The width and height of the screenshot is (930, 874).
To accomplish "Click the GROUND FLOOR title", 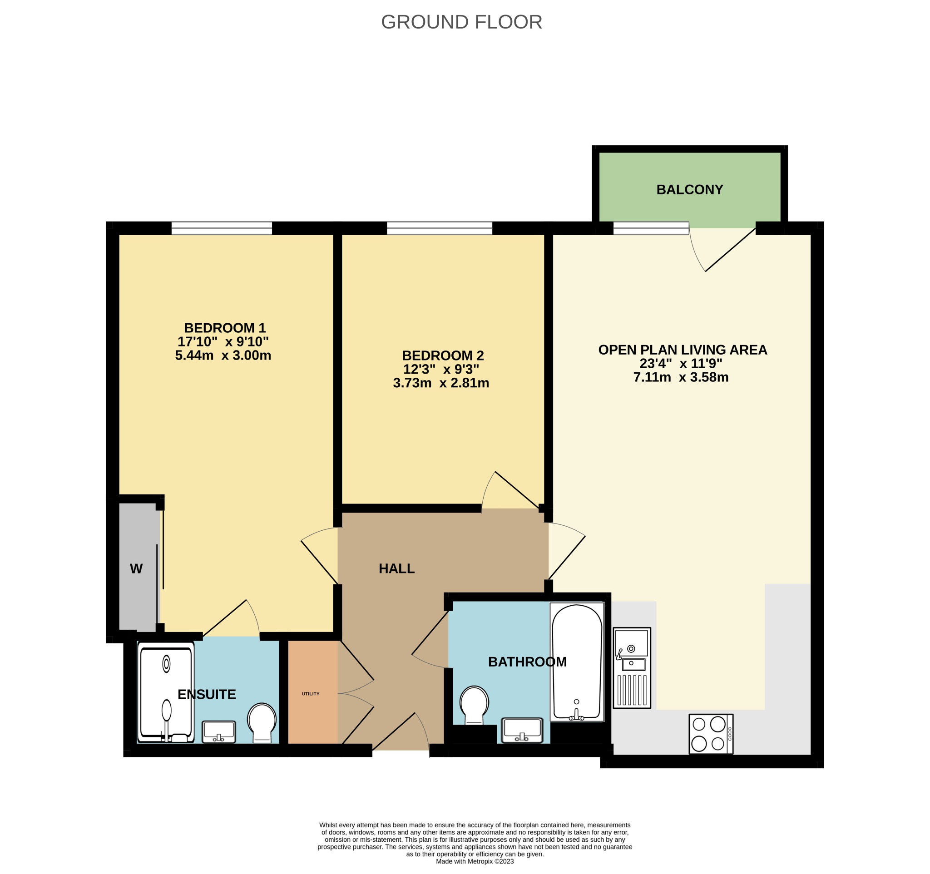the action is [461, 22].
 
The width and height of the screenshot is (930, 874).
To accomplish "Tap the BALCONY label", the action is [689, 189].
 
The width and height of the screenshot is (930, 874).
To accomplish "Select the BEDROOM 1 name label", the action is [224, 328].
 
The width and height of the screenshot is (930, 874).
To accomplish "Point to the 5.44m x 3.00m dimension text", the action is [223, 356].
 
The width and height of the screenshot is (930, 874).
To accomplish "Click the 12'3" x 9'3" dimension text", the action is [440, 370].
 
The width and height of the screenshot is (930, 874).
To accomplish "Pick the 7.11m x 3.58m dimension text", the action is [681, 377].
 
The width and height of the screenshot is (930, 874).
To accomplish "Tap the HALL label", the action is [397, 568].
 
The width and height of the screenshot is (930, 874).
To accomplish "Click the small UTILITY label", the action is [311, 693].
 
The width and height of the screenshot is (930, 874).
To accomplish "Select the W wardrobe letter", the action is [136, 568].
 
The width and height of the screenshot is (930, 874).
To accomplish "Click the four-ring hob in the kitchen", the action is [711, 734].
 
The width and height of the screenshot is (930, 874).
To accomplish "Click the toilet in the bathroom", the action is [475, 705].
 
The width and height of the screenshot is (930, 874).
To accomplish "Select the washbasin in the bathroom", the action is [522, 731].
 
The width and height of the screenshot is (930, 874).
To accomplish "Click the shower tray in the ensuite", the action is [166, 691].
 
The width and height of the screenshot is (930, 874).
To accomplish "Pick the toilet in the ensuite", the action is [262, 723].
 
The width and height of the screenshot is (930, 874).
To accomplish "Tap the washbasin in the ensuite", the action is [218, 732].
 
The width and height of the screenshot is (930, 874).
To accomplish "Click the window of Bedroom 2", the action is [439, 228].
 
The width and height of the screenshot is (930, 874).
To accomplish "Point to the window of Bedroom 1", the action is [222, 228].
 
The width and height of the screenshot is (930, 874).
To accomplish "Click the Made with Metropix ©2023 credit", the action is [475, 861].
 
